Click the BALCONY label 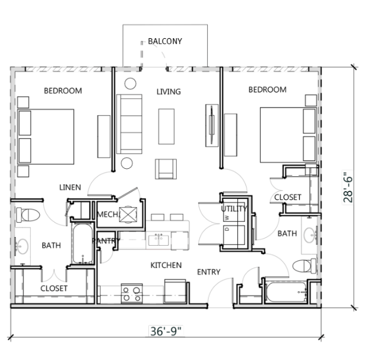(x=165, y=41)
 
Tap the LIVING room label (x=168, y=91)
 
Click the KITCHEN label (x=166, y=265)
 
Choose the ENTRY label (x=208, y=272)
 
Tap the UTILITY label (x=234, y=209)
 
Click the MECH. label (x=108, y=215)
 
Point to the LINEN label (x=70, y=187)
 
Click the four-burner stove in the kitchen (x=132, y=293)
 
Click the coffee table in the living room (x=166, y=125)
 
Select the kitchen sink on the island (x=159, y=239)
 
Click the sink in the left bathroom (x=22, y=246)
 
